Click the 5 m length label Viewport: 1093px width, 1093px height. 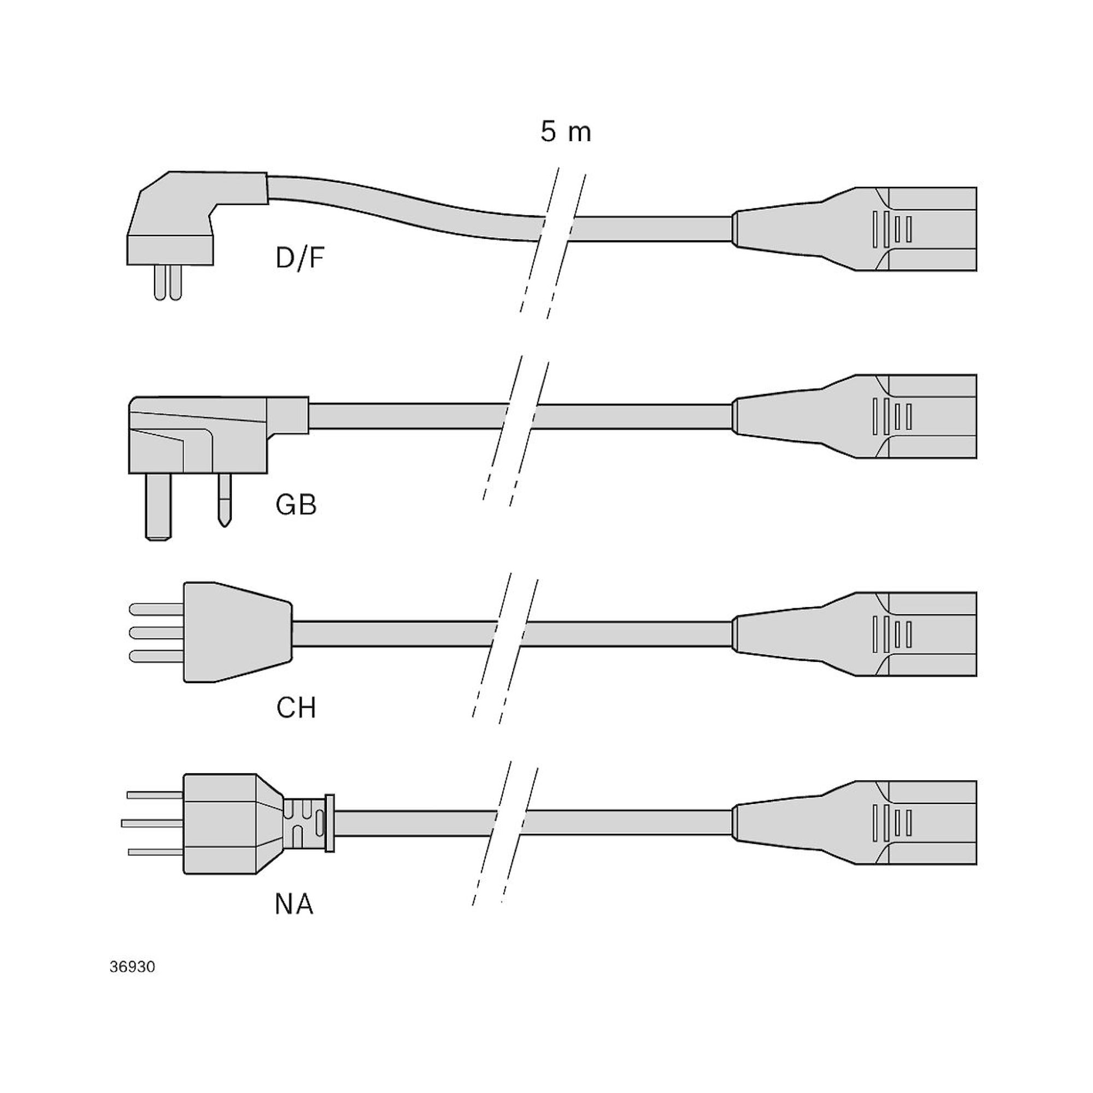tap(565, 132)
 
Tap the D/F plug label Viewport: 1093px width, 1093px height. tap(300, 258)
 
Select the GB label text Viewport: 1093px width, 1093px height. tap(296, 504)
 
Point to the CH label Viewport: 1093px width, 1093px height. tap(296, 708)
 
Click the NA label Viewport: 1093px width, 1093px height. tap(294, 904)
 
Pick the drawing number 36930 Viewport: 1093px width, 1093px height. tap(132, 967)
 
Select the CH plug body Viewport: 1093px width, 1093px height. tap(235, 632)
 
